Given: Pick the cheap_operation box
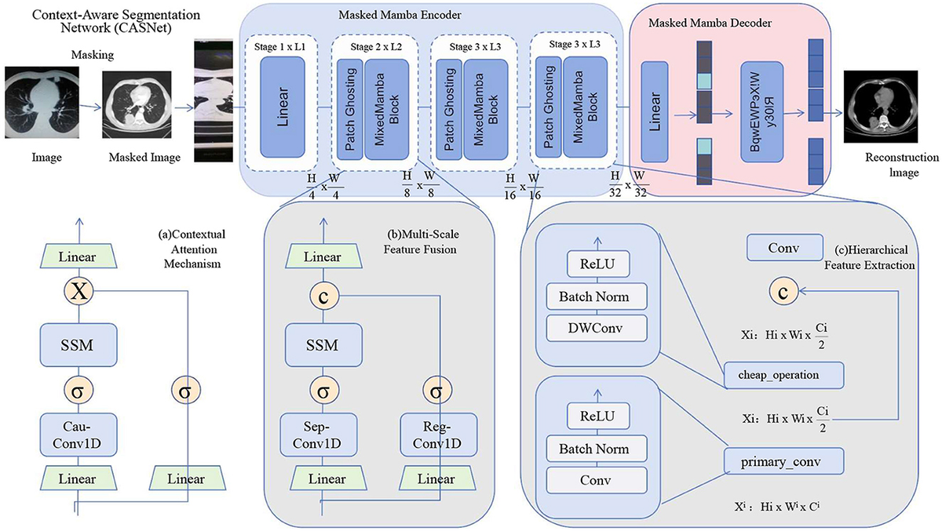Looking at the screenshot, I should point(784,375).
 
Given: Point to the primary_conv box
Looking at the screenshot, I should point(784,462).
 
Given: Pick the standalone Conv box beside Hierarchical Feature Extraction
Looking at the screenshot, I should point(784,248).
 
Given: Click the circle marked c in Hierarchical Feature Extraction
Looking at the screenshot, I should point(784,291).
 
